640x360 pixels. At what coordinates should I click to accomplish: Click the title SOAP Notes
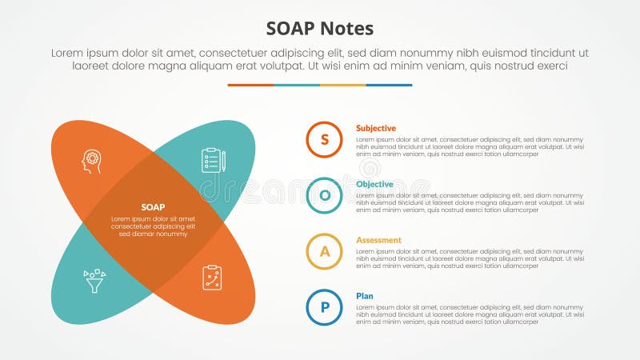(x=320, y=29)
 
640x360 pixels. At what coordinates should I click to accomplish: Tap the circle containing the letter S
(x=324, y=139)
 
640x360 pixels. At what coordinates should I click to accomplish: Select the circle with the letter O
(x=324, y=195)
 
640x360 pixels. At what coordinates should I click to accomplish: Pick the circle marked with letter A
(x=324, y=251)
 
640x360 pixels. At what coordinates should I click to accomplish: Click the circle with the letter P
(x=324, y=307)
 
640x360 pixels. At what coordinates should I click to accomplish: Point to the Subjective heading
(x=376, y=128)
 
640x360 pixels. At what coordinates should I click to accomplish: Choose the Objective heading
(x=374, y=184)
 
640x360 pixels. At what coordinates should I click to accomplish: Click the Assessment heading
(x=378, y=240)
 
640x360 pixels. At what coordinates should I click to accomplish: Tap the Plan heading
(x=365, y=296)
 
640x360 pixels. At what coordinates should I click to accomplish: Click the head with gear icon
(x=92, y=161)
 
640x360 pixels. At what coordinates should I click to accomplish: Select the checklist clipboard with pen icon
(x=213, y=161)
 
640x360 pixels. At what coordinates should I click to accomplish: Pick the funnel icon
(x=94, y=280)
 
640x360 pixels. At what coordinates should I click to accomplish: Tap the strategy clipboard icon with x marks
(x=212, y=278)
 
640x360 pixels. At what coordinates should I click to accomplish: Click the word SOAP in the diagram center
(x=153, y=207)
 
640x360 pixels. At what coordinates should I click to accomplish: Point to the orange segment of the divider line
(x=250, y=85)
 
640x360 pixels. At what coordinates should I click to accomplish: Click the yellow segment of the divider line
(x=343, y=85)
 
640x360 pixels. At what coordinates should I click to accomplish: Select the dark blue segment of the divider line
(x=390, y=85)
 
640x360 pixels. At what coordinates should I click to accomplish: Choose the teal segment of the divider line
(x=297, y=85)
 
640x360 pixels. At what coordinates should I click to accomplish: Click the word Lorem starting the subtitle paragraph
(x=67, y=53)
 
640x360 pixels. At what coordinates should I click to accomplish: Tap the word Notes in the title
(x=347, y=29)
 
